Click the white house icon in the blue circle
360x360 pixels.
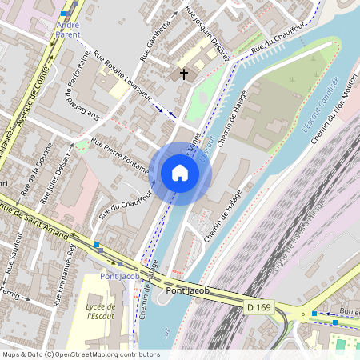coord(180,173)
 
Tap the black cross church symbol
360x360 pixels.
coord(184,74)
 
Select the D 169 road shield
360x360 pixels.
coord(258,306)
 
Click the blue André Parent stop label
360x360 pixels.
coord(68,30)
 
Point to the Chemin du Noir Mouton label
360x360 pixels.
coord(336,108)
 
